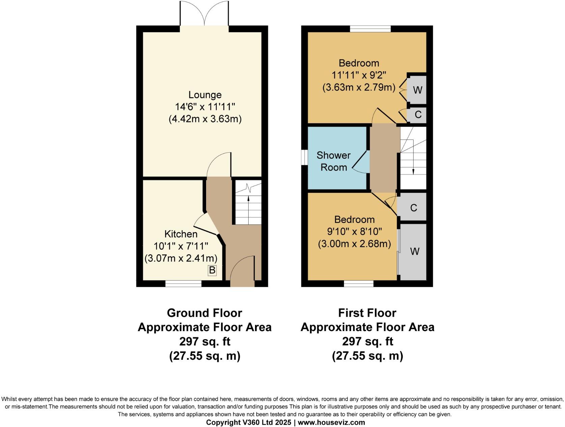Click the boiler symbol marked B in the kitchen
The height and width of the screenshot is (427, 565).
(x=212, y=270)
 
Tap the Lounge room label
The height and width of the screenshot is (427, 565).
(x=205, y=95)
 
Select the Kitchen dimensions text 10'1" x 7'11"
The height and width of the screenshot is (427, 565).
(x=181, y=246)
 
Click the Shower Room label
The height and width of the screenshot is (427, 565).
(x=333, y=161)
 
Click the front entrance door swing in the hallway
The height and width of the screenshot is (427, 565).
(x=242, y=268)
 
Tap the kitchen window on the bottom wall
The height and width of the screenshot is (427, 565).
(x=183, y=284)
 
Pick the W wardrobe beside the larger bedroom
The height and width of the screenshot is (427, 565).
(x=417, y=90)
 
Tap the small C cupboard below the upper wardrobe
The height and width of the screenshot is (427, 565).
(x=418, y=115)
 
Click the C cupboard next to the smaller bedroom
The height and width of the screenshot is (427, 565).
(x=414, y=207)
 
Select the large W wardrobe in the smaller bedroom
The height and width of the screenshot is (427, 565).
(x=415, y=251)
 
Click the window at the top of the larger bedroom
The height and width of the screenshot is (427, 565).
(x=370, y=29)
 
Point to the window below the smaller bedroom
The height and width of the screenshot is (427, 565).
(x=359, y=284)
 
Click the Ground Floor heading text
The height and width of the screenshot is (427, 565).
(x=204, y=313)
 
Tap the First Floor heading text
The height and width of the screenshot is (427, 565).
(x=367, y=313)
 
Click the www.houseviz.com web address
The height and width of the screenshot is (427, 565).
(x=331, y=422)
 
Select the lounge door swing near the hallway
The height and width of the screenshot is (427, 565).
(x=219, y=165)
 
